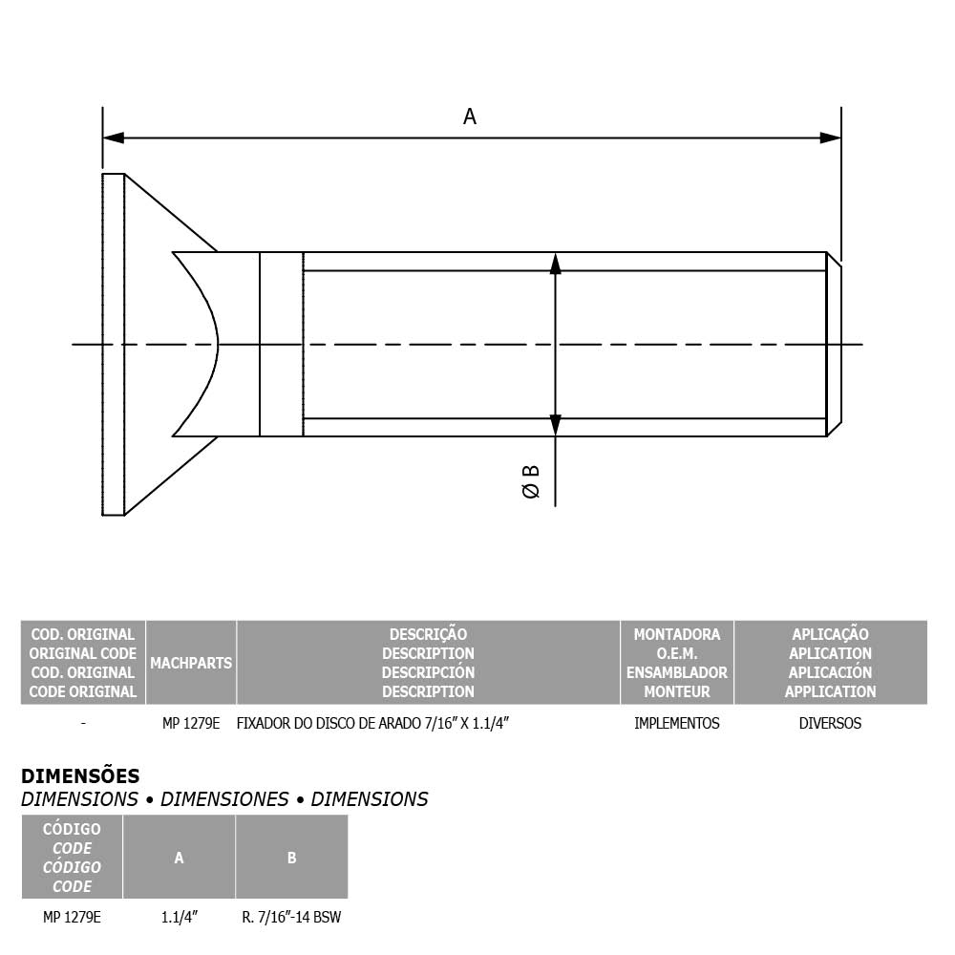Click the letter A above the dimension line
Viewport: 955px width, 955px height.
469,116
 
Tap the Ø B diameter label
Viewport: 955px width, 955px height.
531,481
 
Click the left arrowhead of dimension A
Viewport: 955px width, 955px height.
114,138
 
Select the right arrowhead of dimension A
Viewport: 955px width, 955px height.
830,138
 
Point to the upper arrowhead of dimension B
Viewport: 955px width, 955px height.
556,264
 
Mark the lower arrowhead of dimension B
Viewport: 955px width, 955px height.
556,425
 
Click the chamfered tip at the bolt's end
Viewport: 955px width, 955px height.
835,344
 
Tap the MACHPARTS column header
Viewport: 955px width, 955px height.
191,663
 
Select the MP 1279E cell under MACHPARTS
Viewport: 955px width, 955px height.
191,723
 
